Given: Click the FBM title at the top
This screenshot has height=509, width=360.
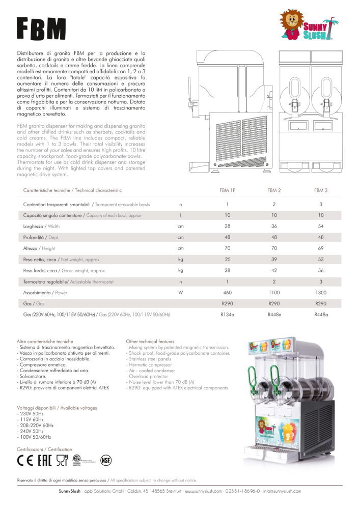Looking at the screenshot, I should [41, 30].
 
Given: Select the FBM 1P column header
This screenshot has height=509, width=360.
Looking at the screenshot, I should [227, 190].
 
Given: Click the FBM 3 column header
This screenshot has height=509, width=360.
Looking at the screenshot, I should [321, 190].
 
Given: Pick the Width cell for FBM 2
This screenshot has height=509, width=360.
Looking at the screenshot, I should [274, 226].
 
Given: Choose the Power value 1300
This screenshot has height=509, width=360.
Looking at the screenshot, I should [321, 293].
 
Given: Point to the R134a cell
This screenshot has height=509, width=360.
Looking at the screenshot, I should [227, 315].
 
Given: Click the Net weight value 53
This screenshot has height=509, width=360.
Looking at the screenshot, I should [321, 260].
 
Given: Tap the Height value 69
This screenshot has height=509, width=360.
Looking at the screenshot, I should [321, 248].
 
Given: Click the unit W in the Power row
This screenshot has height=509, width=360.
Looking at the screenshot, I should [180, 293].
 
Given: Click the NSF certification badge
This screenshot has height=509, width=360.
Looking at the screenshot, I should [106, 460].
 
